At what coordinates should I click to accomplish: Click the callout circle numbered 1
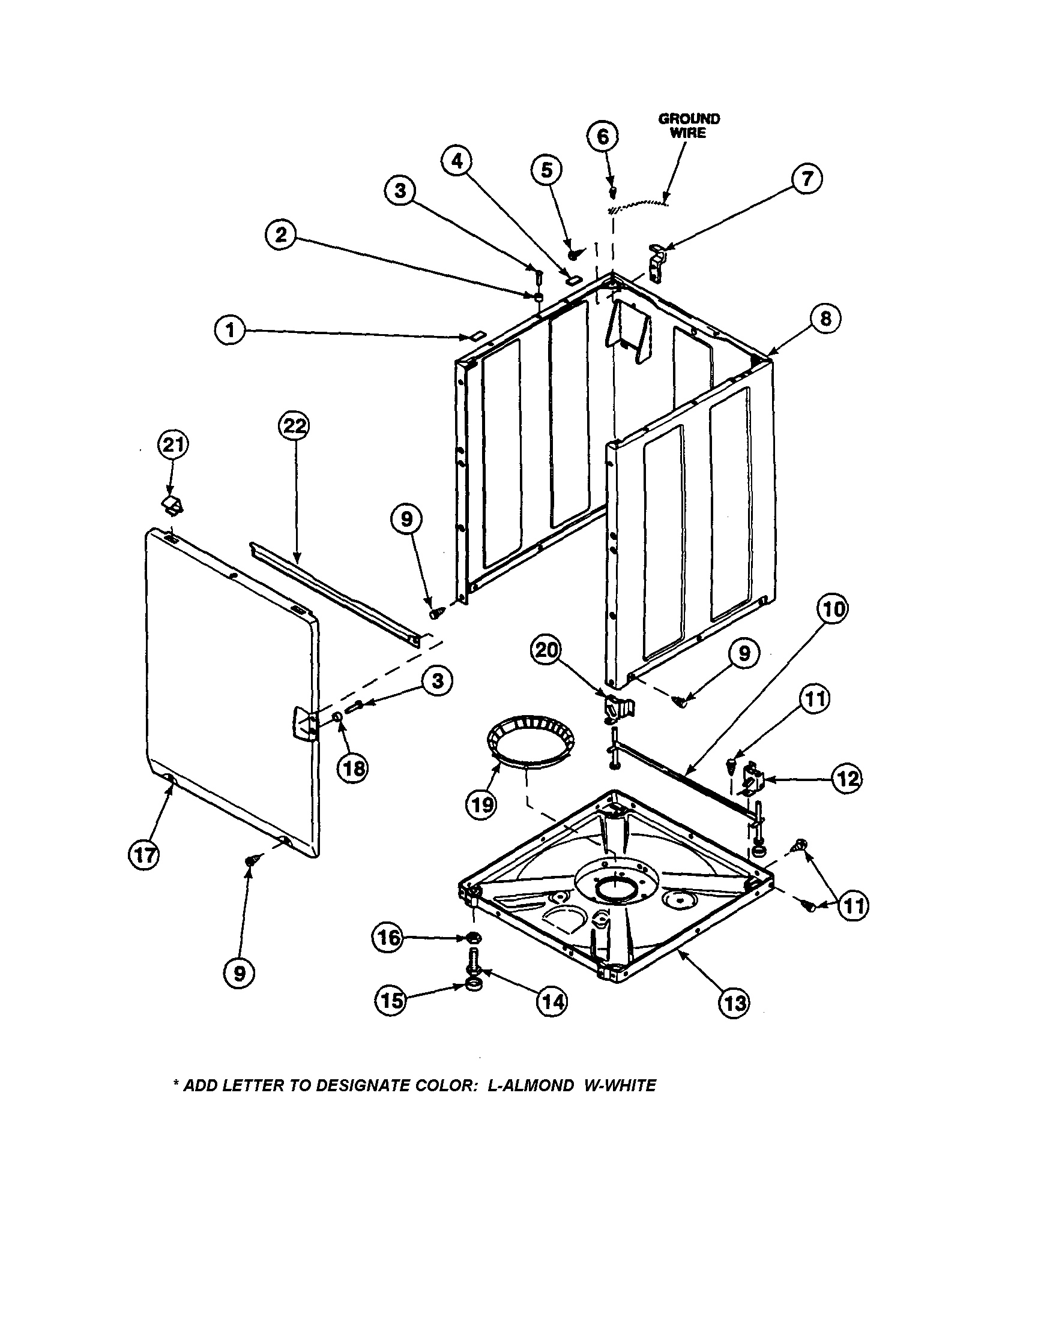pos(230,332)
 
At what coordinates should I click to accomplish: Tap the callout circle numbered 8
pos(825,319)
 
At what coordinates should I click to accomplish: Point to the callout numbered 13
pos(735,1003)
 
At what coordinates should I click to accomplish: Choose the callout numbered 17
pos(145,855)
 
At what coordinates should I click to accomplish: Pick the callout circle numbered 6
pos(603,136)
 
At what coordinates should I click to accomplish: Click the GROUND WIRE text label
pos(689,125)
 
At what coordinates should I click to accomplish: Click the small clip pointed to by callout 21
pos(173,506)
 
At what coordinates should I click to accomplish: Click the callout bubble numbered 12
pos(846,779)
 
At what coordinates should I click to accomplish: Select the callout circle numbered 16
pos(388,938)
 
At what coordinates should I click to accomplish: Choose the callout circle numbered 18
pos(354,768)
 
